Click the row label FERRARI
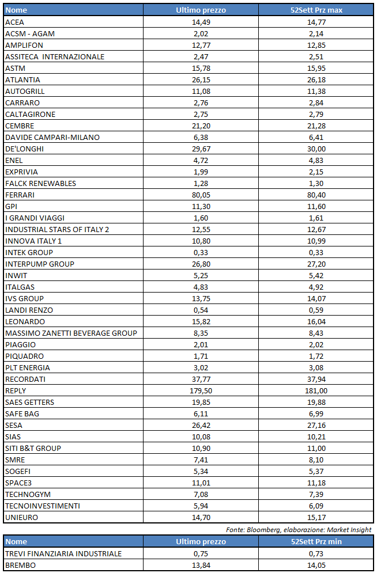(x=20, y=195)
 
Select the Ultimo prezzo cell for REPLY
(x=201, y=390)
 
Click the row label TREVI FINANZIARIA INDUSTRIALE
(x=63, y=553)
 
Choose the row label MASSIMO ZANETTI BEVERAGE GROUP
(x=71, y=333)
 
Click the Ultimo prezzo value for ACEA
(x=201, y=22)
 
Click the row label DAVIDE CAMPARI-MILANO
(x=52, y=137)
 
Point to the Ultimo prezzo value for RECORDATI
(x=201, y=379)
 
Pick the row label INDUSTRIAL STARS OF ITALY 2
(x=57, y=229)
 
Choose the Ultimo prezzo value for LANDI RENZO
(x=201, y=310)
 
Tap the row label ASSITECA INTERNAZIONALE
(x=55, y=56)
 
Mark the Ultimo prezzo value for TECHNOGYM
(x=201, y=494)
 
